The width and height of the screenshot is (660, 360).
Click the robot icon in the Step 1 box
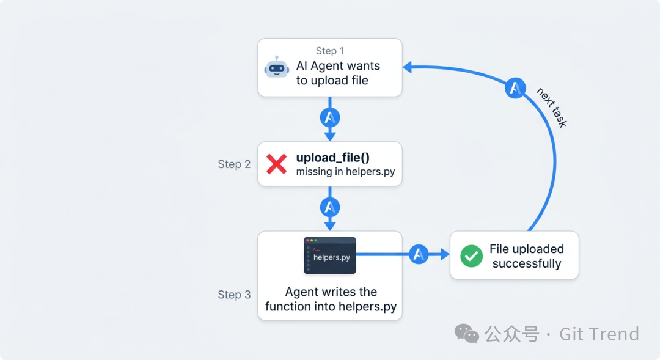277,68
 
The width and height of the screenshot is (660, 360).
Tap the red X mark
277,164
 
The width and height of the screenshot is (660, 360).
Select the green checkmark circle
471,256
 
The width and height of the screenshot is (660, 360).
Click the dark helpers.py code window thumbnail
330,255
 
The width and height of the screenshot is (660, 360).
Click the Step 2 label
234,164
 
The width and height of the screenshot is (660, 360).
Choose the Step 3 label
234,295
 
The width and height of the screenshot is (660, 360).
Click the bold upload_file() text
333,158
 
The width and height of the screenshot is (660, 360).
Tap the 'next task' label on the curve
552,108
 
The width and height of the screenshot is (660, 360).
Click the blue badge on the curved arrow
515,88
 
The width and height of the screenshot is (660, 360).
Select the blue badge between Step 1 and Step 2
330,117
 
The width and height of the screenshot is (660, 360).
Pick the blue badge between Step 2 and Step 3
330,207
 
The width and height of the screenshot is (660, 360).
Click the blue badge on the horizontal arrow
419,254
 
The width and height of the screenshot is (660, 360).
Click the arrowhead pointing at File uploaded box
445,254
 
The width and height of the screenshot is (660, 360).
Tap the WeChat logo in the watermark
467,334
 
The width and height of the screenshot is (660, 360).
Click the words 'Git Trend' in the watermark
599,334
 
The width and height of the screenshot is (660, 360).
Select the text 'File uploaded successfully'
526,256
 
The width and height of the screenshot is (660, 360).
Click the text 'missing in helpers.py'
345,172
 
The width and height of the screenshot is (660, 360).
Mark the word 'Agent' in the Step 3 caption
301,292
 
